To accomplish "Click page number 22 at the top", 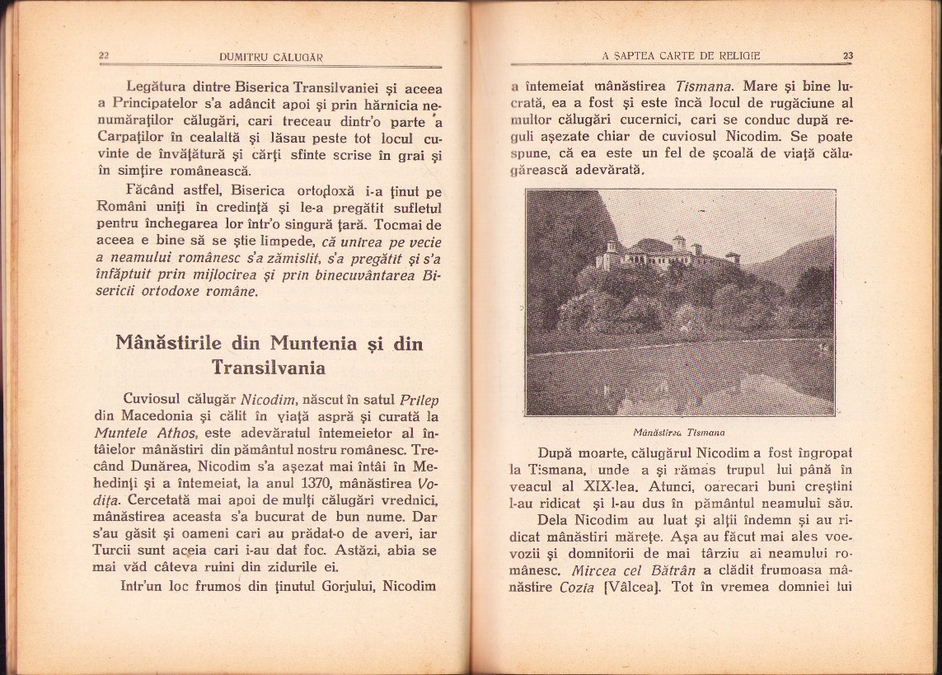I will coord(104,56).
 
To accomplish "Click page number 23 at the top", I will coord(848,56).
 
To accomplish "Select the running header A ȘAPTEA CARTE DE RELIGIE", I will coord(682,56).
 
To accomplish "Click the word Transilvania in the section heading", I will coord(268,367).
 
